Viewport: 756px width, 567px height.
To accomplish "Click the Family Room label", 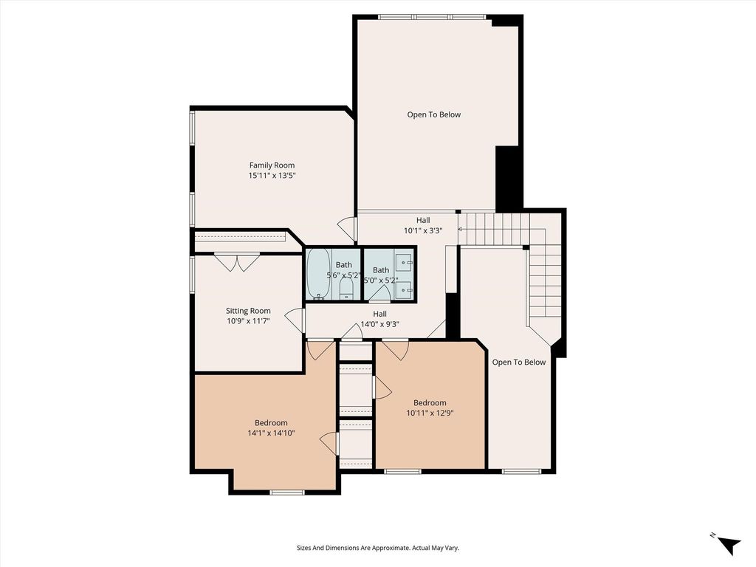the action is [x=272, y=165].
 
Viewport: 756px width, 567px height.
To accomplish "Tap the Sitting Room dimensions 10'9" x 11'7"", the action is [x=248, y=320].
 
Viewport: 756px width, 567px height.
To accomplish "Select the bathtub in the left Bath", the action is [x=319, y=273].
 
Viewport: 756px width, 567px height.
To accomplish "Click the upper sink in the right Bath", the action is [x=404, y=262].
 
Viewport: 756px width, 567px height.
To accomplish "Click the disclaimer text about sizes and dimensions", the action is [x=377, y=548].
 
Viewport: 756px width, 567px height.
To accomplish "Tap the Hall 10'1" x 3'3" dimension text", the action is [x=423, y=230].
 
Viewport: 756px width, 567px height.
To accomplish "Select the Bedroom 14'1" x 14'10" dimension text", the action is [x=271, y=433].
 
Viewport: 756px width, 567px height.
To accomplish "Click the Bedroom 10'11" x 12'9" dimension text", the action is [x=430, y=413].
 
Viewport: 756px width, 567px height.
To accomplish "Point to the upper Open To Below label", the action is [x=434, y=114].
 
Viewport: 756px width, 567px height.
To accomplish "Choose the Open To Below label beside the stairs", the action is [x=519, y=362].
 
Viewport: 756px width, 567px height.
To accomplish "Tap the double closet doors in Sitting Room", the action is [x=237, y=262].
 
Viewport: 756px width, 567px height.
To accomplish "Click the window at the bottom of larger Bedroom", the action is [x=287, y=492].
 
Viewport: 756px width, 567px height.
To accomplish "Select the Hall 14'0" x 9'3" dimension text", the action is [x=379, y=325].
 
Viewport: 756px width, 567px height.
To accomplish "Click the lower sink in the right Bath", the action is [x=404, y=289].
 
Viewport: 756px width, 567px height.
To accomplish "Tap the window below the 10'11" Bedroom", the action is [x=402, y=471].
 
